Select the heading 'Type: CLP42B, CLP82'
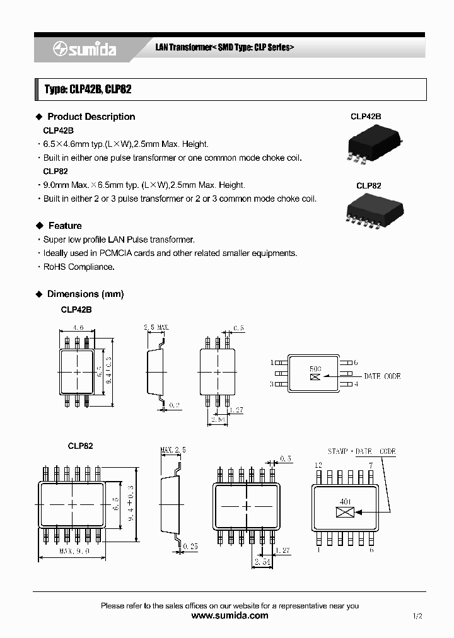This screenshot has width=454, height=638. click(x=88, y=90)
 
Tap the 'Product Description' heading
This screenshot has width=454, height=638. click(x=91, y=117)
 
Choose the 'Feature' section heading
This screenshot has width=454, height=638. click(x=65, y=226)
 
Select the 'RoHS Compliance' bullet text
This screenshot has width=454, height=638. click(x=79, y=267)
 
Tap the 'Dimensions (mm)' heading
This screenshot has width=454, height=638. click(x=85, y=294)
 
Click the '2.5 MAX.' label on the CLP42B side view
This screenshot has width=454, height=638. click(x=157, y=328)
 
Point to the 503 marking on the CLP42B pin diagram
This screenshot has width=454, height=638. click(x=315, y=369)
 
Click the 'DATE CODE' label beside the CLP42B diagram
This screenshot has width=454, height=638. click(x=382, y=376)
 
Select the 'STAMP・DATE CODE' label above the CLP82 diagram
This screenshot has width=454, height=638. click(x=361, y=451)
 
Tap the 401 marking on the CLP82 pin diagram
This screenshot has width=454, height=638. click(x=346, y=502)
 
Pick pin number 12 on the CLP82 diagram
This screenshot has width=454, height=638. click(x=318, y=465)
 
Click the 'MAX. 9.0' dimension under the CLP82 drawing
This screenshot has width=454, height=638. click(x=74, y=550)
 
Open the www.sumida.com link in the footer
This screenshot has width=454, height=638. click(x=230, y=616)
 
